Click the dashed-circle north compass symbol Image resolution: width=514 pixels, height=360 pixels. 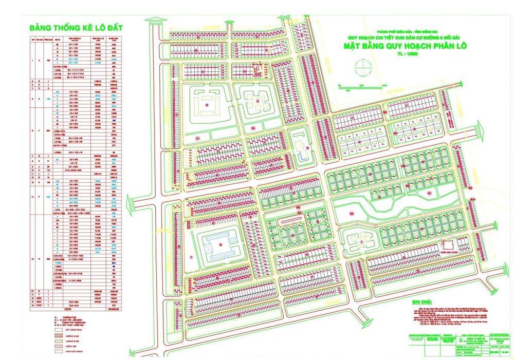click(363, 67)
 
